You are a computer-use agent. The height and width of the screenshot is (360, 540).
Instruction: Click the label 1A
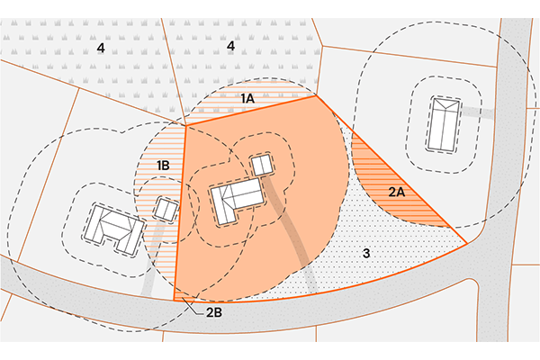point(247,98)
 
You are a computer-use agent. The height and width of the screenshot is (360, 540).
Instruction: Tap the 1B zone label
point(163,166)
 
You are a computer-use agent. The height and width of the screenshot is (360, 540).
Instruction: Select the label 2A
point(397,192)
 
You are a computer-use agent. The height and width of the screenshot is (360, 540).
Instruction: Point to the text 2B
point(214,312)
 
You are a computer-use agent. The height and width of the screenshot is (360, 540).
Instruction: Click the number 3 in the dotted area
point(366,253)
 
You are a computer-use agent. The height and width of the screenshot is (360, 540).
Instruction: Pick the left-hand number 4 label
point(101,48)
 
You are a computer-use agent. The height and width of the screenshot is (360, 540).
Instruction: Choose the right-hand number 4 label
point(230,46)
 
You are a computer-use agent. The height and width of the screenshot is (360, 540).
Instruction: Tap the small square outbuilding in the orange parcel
point(263,165)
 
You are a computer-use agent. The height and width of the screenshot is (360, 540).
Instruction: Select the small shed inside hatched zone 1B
point(166,209)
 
